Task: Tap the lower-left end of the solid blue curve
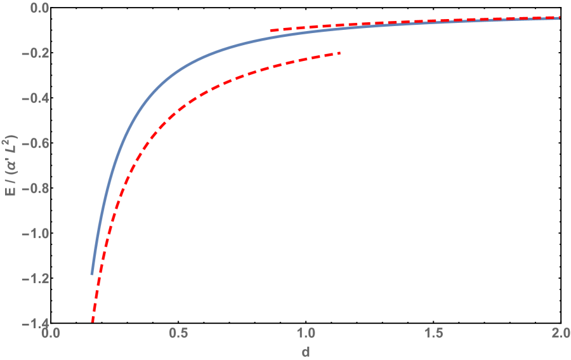pos(93,274)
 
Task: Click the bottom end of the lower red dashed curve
pos(93,321)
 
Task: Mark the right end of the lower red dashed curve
pos(340,53)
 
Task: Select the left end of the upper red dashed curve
pos(271,30)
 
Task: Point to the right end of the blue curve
pos(559,18)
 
